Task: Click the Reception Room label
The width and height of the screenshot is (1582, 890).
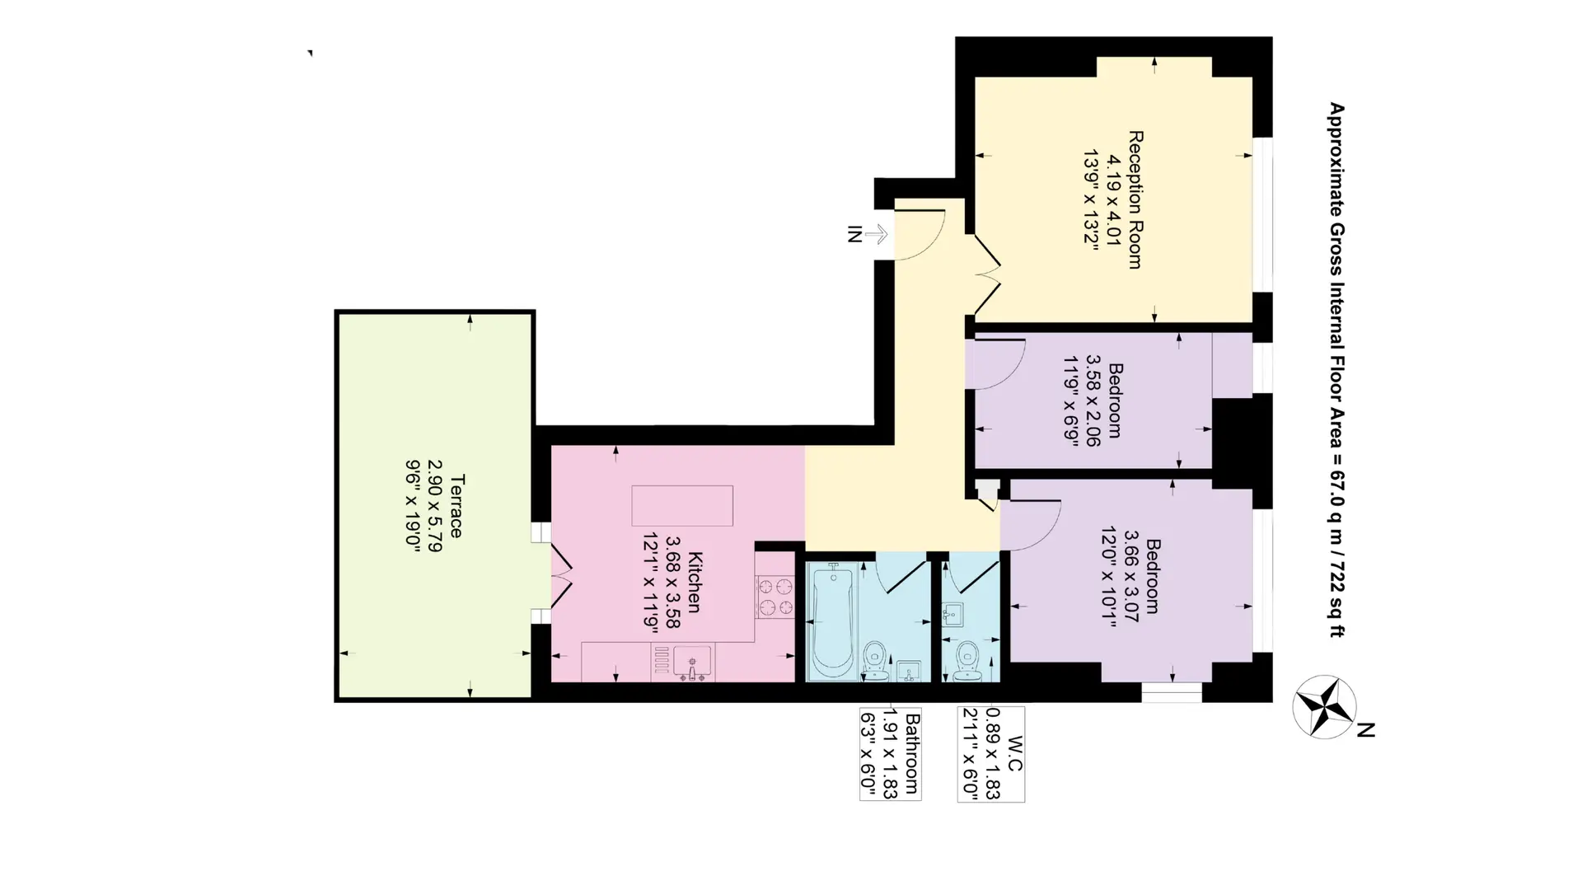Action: (x=1135, y=199)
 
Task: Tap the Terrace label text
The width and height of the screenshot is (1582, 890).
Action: (x=456, y=505)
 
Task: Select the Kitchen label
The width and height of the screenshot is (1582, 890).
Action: (x=694, y=582)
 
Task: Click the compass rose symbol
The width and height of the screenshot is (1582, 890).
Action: (x=1325, y=706)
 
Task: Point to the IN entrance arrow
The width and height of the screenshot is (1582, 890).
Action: (x=876, y=234)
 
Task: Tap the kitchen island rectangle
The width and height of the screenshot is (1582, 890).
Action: (x=682, y=505)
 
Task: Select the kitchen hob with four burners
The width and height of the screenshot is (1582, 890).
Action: (x=775, y=597)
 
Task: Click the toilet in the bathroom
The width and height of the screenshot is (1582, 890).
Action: (x=876, y=660)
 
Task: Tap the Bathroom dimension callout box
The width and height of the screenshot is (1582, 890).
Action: (x=890, y=754)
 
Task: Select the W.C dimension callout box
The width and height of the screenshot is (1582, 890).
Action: (x=991, y=754)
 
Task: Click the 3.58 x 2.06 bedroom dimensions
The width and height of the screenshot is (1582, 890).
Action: (x=1093, y=400)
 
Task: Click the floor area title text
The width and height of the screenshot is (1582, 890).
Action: (x=1336, y=369)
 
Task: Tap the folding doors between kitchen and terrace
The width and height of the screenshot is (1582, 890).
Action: (x=561, y=575)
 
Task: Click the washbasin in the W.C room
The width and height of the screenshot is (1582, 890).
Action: (x=954, y=615)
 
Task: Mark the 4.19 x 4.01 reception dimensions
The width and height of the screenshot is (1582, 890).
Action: (x=1115, y=199)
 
